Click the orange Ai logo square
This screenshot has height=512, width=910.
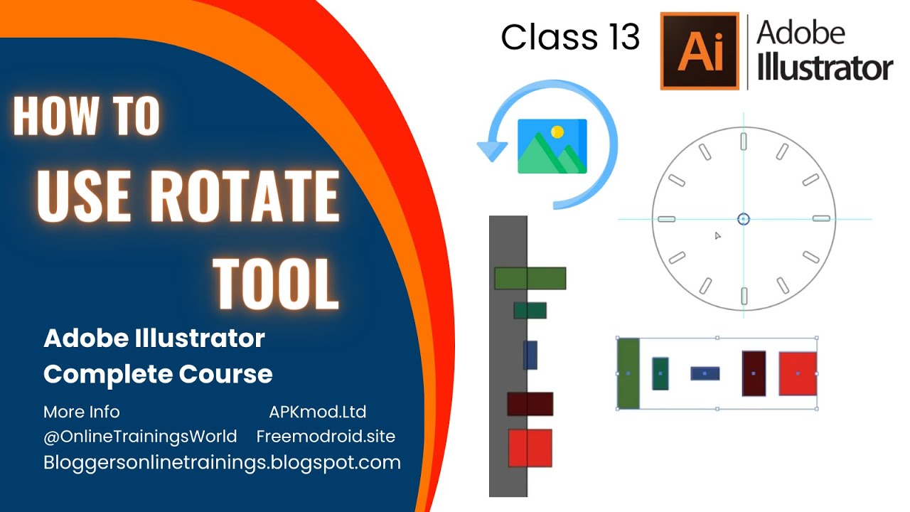(x=700, y=50)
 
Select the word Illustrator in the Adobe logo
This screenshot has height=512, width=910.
(x=825, y=68)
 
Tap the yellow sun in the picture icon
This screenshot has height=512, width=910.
(x=557, y=132)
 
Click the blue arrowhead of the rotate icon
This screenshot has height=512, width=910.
(x=492, y=150)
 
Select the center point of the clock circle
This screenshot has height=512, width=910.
(x=744, y=219)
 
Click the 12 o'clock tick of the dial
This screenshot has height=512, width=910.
(x=744, y=140)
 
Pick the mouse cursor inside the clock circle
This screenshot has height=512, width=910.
(x=718, y=235)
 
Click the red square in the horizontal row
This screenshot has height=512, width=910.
(x=798, y=373)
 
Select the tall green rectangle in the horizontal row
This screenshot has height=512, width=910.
(x=628, y=373)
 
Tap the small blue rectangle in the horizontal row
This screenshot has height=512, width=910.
(x=705, y=373)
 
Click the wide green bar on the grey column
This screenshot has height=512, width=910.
(x=530, y=278)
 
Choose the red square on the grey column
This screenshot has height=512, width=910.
(x=530, y=448)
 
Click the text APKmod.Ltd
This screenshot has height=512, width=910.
(x=318, y=412)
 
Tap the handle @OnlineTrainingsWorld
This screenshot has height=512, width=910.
(x=140, y=435)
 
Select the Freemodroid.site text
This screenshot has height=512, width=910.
(x=326, y=435)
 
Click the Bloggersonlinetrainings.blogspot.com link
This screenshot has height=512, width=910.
(x=222, y=462)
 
